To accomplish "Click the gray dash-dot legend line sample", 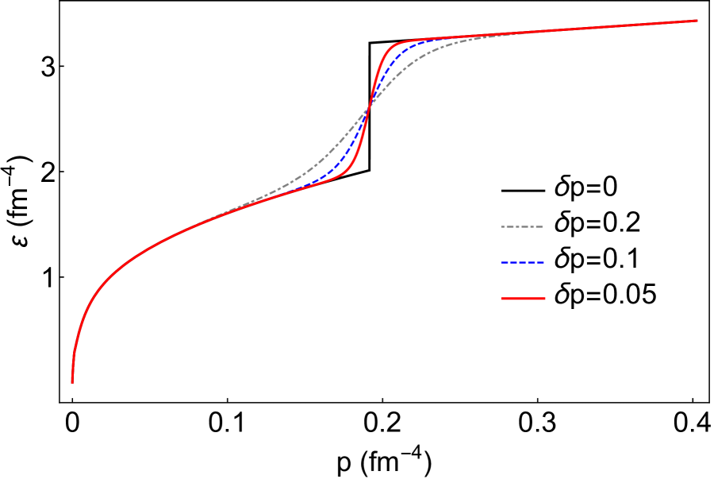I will pyautogui.click(x=522, y=227).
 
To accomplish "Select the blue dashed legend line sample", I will pyautogui.click(x=522, y=262).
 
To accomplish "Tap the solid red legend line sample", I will pyautogui.click(x=522, y=299).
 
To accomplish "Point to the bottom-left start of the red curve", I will pyautogui.click(x=72, y=383).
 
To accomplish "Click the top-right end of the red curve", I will pyautogui.click(x=697, y=21).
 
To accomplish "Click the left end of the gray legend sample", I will pyautogui.click(x=501, y=227).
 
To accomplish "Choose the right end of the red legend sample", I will pyautogui.click(x=545, y=299).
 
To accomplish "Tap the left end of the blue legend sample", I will pyautogui.click(x=501, y=262).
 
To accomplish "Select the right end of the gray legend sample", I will pyautogui.click(x=543, y=227).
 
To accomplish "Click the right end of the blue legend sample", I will pyautogui.click(x=543, y=262).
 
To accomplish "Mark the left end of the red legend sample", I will pyautogui.click(x=501, y=299).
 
